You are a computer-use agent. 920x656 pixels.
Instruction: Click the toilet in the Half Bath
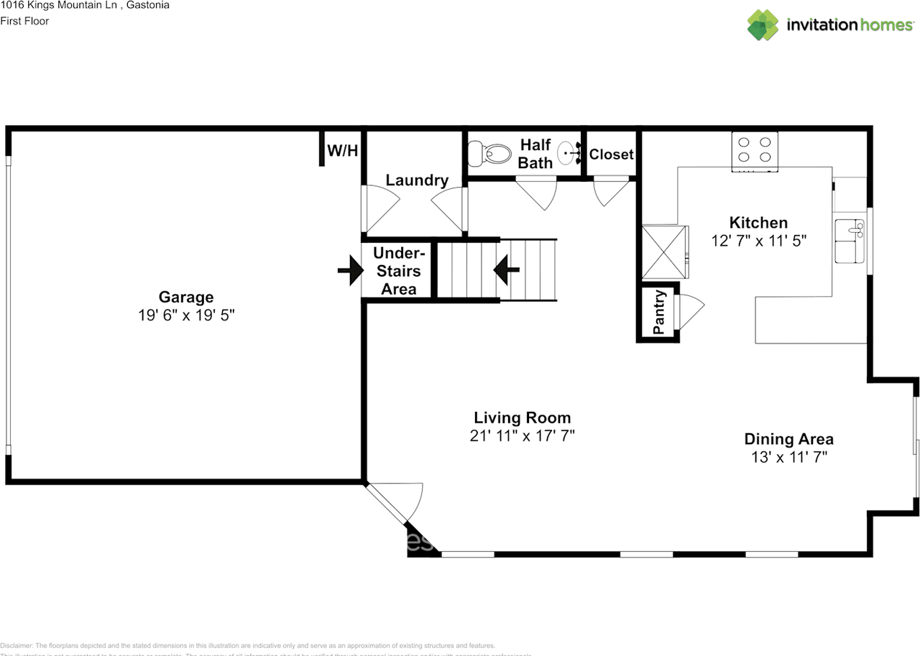[x=484, y=152]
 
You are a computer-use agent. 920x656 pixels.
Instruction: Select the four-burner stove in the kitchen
[x=755, y=150]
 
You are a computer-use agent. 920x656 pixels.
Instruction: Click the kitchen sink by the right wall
[x=850, y=240]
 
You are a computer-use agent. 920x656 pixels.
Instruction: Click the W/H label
[x=342, y=151]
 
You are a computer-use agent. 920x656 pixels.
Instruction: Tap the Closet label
[x=611, y=154]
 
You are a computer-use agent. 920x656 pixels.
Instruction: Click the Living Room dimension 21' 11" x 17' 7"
[x=522, y=435]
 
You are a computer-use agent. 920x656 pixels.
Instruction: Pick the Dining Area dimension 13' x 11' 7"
[x=788, y=457]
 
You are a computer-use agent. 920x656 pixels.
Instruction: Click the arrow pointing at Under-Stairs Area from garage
[x=350, y=271]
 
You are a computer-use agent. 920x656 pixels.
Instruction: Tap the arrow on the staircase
[x=507, y=270]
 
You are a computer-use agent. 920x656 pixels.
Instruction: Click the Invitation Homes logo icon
[x=763, y=24]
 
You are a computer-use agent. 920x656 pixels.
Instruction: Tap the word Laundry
[x=417, y=180]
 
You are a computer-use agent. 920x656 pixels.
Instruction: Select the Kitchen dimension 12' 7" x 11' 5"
[x=758, y=241]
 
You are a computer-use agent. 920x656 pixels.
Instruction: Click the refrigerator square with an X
[x=664, y=252]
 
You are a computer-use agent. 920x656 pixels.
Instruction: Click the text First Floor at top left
[x=24, y=21]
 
